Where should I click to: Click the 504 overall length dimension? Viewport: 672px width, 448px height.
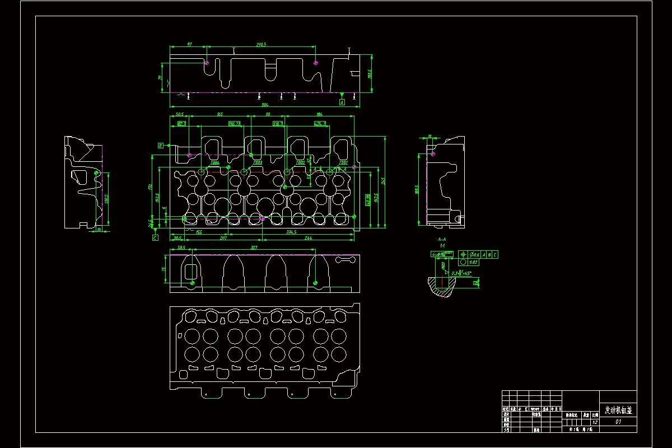click(265, 105)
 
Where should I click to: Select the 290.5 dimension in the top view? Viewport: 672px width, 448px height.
click(261, 44)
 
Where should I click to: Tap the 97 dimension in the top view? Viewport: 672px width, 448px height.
click(189, 44)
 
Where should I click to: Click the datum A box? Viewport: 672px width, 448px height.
click(342, 102)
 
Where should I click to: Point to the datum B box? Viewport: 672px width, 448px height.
click(161, 146)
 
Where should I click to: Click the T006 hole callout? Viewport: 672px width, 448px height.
click(215, 162)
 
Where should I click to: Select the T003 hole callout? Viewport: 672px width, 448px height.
click(258, 162)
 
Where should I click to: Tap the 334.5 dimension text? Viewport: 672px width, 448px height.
click(291, 232)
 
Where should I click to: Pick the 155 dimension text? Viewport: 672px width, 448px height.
click(199, 232)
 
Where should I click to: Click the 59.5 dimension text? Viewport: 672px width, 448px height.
click(181, 248)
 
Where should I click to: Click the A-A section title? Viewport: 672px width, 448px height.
click(442, 239)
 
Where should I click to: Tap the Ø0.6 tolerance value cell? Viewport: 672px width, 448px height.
click(474, 255)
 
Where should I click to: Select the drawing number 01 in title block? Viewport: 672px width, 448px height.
click(618, 422)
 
